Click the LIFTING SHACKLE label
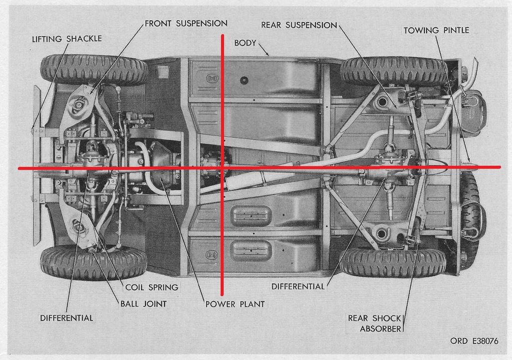[x=67, y=39]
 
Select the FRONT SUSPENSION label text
[x=186, y=23]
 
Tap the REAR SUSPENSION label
[x=299, y=25]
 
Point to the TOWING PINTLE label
[x=436, y=30]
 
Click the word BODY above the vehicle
[x=245, y=43]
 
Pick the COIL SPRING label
[x=152, y=287]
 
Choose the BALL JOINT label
[x=143, y=304]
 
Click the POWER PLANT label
[x=235, y=304]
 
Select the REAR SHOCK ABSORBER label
[x=374, y=323]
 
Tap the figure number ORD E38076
[x=474, y=341]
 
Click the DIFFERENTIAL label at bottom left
[x=67, y=318]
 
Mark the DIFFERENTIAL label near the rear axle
[x=298, y=286]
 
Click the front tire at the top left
[x=94, y=70]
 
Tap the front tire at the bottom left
[x=94, y=262]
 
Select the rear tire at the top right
[x=393, y=71]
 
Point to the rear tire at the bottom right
[x=393, y=263]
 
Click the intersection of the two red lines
[x=223, y=168]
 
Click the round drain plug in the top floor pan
[x=244, y=80]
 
